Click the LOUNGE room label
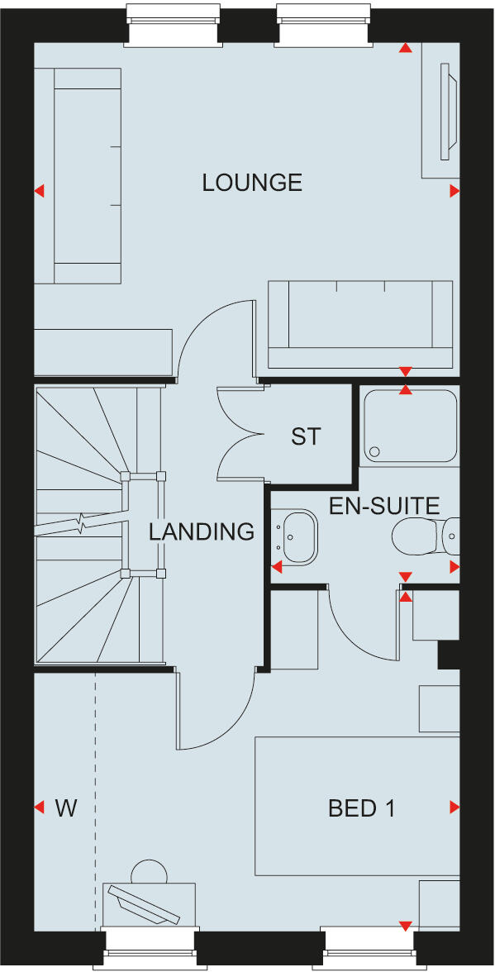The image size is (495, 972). [252, 183]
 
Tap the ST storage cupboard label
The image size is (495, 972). [305, 436]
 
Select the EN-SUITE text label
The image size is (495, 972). [384, 506]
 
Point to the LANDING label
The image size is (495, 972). [202, 532]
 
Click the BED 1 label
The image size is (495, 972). [362, 808]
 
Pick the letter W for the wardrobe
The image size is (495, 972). [66, 808]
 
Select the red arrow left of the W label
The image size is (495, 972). [38, 807]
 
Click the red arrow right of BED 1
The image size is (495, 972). [455, 807]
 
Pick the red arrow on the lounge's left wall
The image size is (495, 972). [38, 192]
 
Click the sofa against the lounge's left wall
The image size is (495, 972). [78, 175]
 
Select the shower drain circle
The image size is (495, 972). [375, 452]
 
